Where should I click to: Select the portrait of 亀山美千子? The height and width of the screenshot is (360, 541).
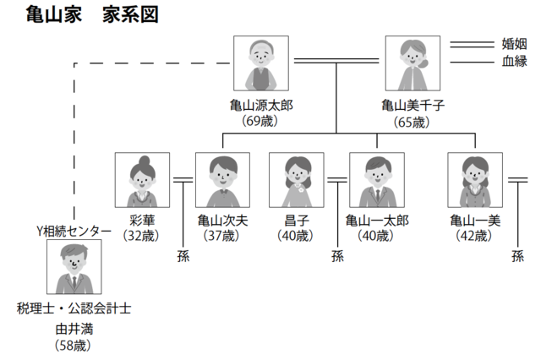point(412,63)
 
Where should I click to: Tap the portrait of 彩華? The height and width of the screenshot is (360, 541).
point(142,180)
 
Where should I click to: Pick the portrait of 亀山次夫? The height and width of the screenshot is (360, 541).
point(223,180)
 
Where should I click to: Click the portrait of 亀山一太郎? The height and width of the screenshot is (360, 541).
point(377,180)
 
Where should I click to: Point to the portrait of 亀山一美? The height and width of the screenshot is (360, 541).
point(476,180)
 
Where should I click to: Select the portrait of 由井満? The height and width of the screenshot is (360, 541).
point(74,267)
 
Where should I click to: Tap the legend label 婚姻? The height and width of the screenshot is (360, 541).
point(514,44)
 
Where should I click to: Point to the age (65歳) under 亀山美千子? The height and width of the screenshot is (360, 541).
point(412,122)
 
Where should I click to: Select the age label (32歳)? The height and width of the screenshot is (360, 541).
point(141,237)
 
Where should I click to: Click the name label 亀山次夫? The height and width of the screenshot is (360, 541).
point(223,221)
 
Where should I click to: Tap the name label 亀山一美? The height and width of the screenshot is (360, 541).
point(476,221)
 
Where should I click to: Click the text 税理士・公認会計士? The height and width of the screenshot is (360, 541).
point(74,308)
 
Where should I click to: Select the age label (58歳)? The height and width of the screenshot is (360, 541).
point(74,344)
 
